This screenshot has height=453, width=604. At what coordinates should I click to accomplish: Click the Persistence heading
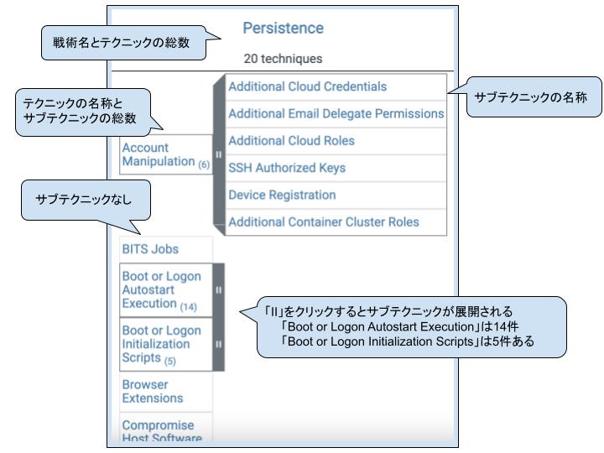click(283, 29)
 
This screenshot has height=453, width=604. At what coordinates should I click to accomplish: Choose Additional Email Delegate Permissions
click(336, 113)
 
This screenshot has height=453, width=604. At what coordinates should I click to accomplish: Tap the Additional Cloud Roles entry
click(291, 141)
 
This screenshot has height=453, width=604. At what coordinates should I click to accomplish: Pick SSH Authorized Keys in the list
click(287, 168)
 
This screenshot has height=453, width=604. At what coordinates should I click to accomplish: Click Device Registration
click(282, 195)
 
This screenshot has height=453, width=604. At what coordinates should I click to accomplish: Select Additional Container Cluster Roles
click(324, 222)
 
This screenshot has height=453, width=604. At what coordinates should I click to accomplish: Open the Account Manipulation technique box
click(166, 154)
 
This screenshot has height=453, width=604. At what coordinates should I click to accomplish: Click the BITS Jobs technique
click(150, 249)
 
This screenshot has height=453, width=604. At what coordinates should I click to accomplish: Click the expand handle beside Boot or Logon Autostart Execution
click(218, 289)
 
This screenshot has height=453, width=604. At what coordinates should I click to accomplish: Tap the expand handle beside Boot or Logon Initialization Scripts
click(218, 344)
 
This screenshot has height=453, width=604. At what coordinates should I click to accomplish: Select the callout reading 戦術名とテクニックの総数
click(125, 42)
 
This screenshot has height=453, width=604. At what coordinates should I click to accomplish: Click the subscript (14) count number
click(188, 307)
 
